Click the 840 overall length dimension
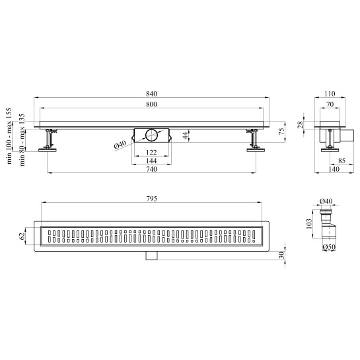point(151,94)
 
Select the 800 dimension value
point(151,104)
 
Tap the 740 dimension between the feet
point(151,169)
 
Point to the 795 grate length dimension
point(151,199)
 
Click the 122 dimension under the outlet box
point(151,153)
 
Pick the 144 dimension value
point(151,161)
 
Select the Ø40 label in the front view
point(120,145)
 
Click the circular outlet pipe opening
point(151,135)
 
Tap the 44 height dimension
point(186,135)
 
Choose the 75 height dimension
point(281,131)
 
